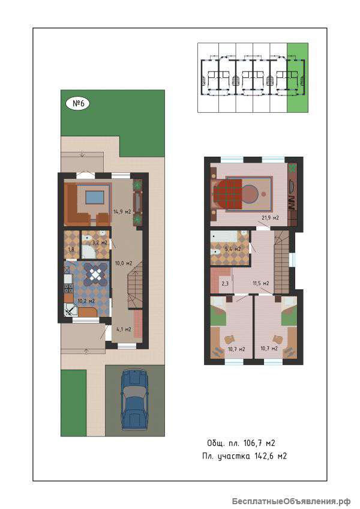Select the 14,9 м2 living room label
(x=122, y=212)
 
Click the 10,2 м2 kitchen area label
(x=86, y=301)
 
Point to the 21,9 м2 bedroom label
(x=270, y=218)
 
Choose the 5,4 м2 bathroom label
(x=233, y=249)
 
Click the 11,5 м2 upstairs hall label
(x=261, y=283)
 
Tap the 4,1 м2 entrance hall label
(x=124, y=329)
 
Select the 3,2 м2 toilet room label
(x=100, y=242)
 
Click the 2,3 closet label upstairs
(x=225, y=283)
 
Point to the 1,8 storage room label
(x=71, y=249)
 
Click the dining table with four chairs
(x=96, y=274)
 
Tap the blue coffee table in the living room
(x=94, y=197)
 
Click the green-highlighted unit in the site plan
(x=298, y=77)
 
